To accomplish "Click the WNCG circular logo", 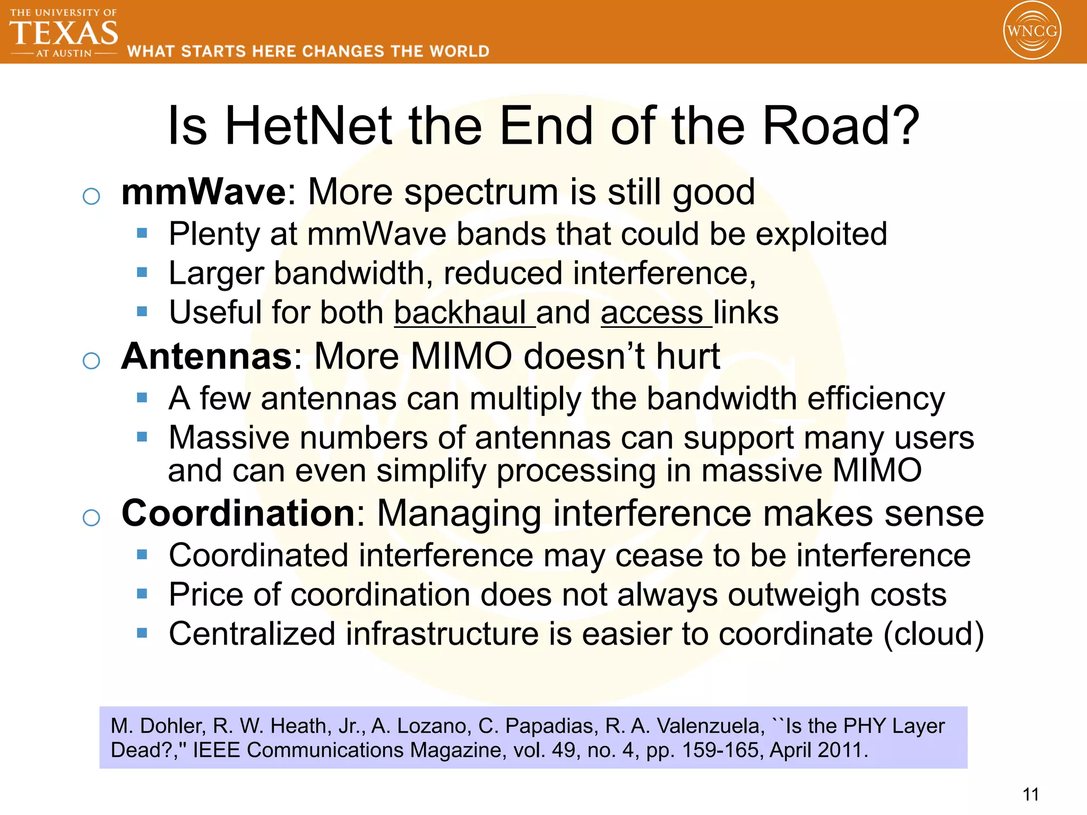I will (x=1032, y=30).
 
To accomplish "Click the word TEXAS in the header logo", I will (x=64, y=33).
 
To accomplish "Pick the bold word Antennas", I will (x=206, y=356).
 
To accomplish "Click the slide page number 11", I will (x=1030, y=794).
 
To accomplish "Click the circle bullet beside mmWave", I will (x=91, y=196).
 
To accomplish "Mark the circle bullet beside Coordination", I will (x=91, y=517).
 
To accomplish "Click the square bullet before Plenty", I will (x=142, y=233).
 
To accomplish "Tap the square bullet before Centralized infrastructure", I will (x=142, y=632).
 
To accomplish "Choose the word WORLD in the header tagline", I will (x=459, y=51).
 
